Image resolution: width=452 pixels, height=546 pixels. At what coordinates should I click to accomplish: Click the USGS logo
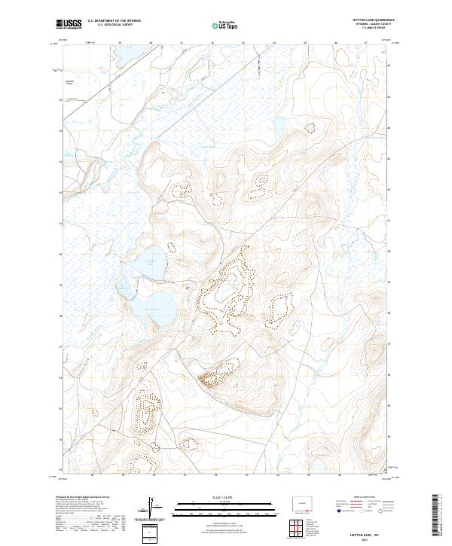point(69,25)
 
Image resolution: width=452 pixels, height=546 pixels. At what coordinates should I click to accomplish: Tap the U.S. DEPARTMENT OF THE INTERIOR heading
point(114,21)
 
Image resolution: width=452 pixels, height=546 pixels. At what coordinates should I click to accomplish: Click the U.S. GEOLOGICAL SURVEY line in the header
point(114,26)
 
